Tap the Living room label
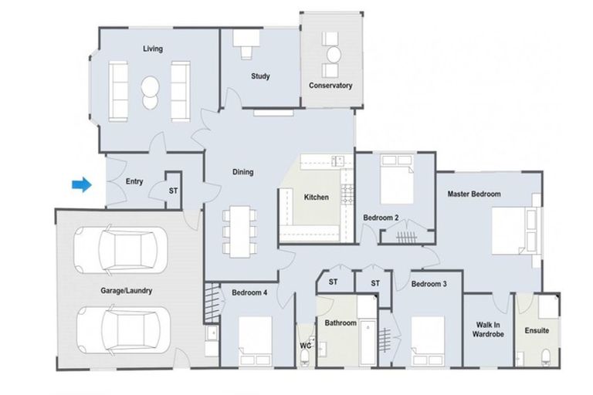click(152, 49)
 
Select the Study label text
click(260, 76)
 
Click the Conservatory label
click(330, 86)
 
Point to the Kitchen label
click(316, 197)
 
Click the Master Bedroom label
click(474, 194)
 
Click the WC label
click(304, 346)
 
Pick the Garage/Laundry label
click(126, 291)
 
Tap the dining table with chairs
click(239, 231)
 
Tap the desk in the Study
click(246, 49)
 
